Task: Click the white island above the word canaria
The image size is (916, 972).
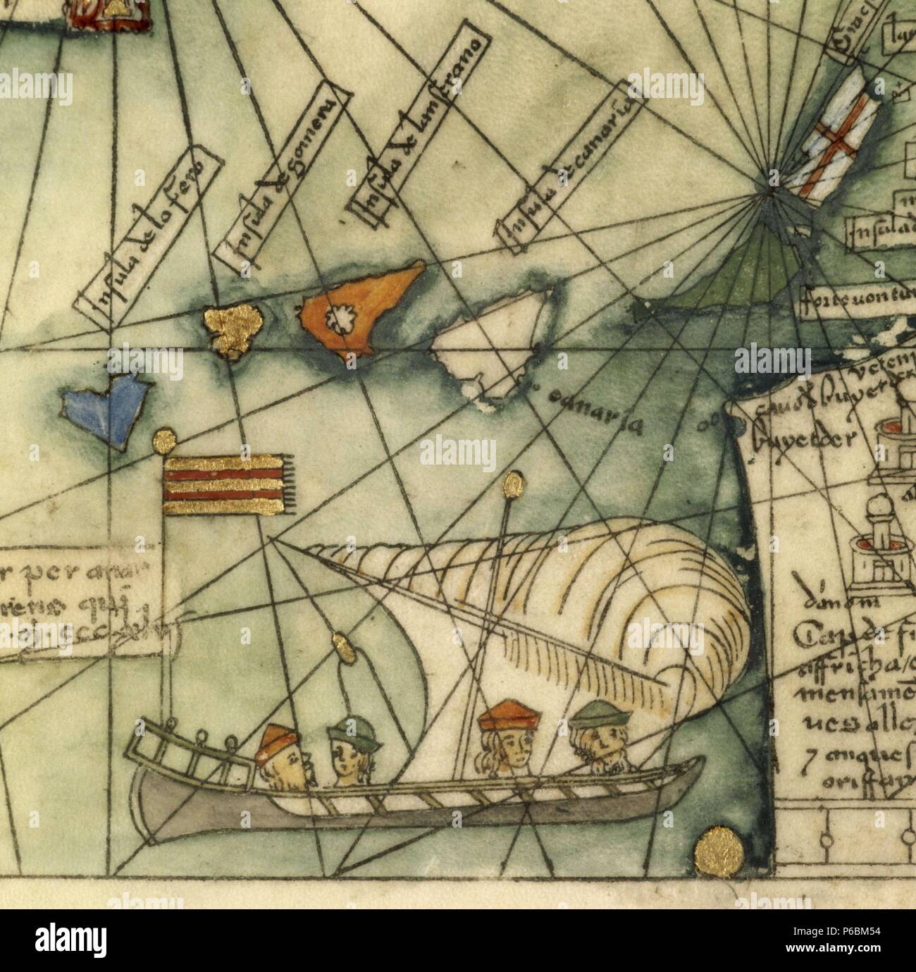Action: (493, 352)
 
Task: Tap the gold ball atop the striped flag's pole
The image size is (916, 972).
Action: (164, 441)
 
